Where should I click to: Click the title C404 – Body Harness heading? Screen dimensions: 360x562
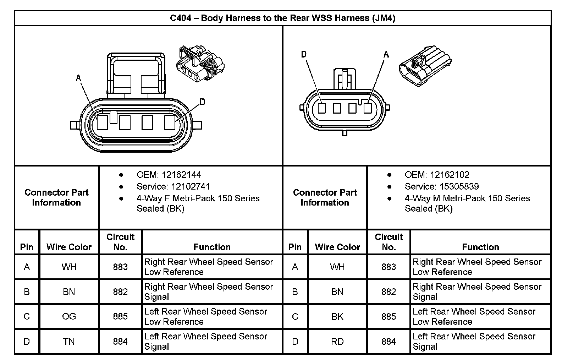[x=282, y=18]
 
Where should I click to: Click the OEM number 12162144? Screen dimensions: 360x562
[x=181, y=175]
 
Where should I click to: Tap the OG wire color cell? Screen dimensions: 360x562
[x=69, y=316]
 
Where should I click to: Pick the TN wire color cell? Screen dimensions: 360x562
[x=69, y=341]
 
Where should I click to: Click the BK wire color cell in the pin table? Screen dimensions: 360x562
[x=337, y=316]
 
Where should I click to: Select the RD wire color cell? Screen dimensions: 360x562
[x=337, y=341]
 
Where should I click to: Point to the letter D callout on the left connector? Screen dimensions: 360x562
[x=202, y=102]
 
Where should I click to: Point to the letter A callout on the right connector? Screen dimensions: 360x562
[x=386, y=54]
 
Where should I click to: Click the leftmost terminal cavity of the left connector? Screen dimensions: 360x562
[x=103, y=123]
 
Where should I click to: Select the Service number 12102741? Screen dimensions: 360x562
[x=191, y=186]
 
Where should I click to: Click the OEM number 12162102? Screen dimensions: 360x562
[x=450, y=175]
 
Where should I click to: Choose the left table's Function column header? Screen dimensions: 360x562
[x=212, y=247]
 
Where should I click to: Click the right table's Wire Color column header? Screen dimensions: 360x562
[x=337, y=247]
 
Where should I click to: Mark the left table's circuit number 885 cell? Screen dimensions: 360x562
[x=120, y=316]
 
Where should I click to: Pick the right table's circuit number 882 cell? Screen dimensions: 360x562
[x=389, y=291]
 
